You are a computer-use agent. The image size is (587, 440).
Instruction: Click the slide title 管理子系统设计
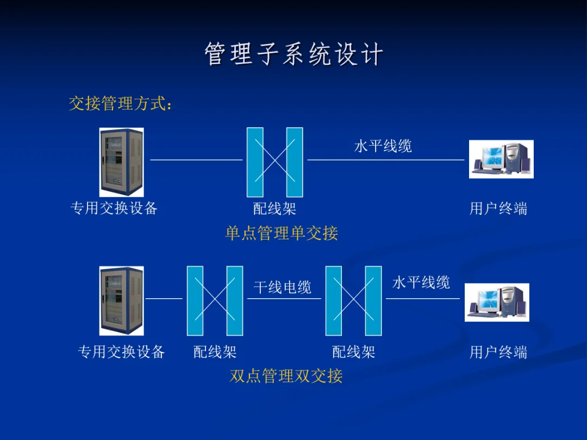293,55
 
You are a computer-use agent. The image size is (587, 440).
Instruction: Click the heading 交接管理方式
120,103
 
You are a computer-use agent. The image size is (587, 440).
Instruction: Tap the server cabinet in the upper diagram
121,162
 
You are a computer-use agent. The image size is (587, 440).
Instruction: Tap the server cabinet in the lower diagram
121,300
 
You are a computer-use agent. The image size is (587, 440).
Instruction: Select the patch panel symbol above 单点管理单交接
274,162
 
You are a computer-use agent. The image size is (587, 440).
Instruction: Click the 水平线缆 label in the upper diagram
383,146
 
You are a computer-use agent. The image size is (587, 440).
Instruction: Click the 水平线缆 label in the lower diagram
421,282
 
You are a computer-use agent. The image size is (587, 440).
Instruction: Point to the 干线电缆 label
282,287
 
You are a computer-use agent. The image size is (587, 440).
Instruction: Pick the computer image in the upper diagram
501,159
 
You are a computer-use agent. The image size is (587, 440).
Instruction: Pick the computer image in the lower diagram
497,302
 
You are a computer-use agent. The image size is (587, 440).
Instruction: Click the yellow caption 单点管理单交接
282,234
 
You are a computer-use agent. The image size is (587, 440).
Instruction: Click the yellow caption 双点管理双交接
286,376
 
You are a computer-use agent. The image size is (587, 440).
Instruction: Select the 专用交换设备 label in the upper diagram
114,208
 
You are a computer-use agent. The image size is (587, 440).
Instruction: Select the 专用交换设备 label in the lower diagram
121,352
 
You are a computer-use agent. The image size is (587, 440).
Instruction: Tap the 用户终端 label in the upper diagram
498,209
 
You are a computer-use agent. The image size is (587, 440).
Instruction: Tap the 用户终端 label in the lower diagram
498,352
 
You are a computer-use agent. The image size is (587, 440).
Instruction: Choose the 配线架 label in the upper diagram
274,209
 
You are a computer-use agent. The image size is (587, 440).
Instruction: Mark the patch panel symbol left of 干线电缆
215,300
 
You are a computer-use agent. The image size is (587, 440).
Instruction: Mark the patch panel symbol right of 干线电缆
353,300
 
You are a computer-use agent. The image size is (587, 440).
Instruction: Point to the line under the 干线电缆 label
284,298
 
